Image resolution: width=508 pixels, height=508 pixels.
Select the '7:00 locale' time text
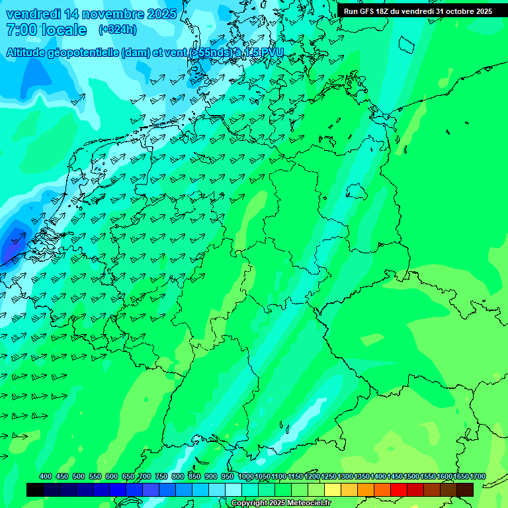46,30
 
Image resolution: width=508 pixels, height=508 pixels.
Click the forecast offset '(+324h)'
117,30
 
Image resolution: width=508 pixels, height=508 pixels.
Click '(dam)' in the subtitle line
136,52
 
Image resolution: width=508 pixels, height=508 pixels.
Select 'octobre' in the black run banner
457,11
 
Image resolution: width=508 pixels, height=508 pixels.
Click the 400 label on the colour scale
46,476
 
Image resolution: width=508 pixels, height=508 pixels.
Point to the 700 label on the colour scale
145,476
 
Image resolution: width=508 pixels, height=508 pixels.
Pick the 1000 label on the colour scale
245,476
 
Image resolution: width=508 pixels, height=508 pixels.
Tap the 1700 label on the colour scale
477,476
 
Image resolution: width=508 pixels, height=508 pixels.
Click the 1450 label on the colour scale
395,476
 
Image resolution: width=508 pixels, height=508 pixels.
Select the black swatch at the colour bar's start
35,489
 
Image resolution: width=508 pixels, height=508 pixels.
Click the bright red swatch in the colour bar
399,489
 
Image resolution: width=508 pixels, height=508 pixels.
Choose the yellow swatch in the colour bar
333,489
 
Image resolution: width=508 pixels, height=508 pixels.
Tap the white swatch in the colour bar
233,489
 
